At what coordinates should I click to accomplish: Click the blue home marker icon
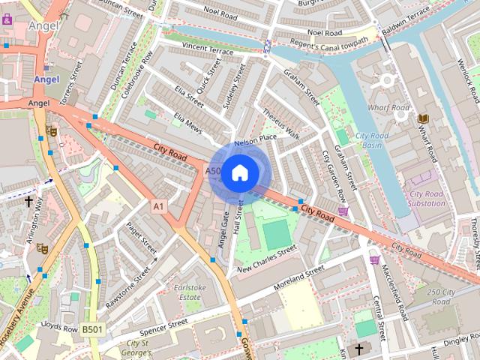pos(239,173)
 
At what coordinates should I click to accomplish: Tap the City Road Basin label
pos(369,140)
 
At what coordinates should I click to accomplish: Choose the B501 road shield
pos(92,329)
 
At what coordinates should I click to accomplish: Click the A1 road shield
pos(157,205)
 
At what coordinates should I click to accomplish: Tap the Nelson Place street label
pos(256,139)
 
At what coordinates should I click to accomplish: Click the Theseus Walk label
pos(281,124)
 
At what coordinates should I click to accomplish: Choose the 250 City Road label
pos(443,295)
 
